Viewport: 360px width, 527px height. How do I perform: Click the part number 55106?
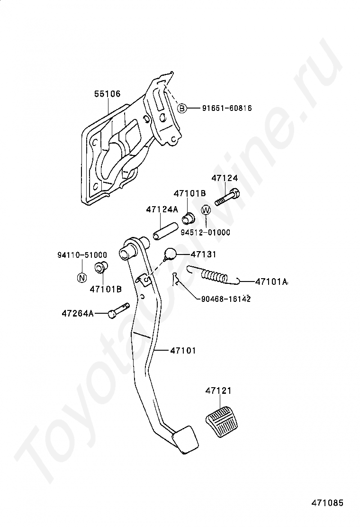[x=107, y=94]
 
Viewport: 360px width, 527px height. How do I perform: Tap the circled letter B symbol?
[x=182, y=109]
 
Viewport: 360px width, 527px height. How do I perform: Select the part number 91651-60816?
[x=220, y=109]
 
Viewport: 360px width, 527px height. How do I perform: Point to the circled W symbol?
[x=206, y=210]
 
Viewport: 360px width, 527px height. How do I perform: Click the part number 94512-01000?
[x=205, y=232]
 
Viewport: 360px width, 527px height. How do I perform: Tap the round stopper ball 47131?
[x=171, y=254]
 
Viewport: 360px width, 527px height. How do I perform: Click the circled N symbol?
[x=81, y=278]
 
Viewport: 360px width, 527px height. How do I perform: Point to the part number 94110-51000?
[x=82, y=255]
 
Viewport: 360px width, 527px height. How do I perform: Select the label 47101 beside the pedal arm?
[x=183, y=351]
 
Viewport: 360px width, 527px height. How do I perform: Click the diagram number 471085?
[x=327, y=503]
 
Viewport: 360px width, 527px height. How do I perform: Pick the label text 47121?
[x=219, y=391]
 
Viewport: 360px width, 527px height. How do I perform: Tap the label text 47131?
[x=203, y=254]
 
